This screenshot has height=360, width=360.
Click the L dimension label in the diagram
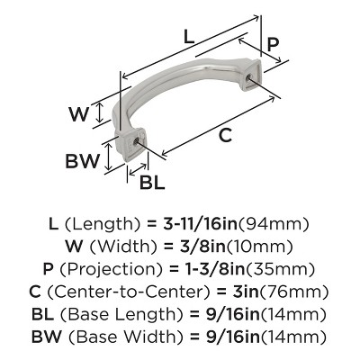187,37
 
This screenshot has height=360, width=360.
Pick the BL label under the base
153,181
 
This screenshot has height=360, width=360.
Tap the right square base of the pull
251,81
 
